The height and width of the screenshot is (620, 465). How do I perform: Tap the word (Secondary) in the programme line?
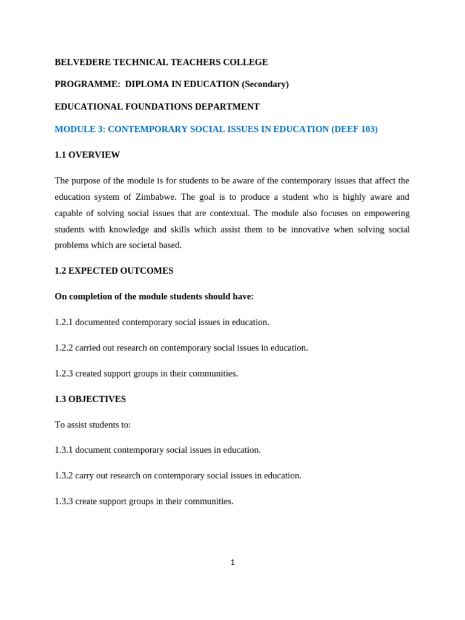(x=265, y=84)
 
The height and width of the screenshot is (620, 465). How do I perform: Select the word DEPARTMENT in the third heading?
(x=227, y=107)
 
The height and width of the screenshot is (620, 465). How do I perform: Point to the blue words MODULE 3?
(x=80, y=129)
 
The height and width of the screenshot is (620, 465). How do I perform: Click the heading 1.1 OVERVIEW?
(x=87, y=155)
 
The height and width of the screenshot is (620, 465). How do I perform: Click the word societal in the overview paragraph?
(x=137, y=245)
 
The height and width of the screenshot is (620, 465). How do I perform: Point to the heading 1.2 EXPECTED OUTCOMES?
(x=114, y=271)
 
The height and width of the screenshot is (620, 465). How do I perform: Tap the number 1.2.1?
(x=64, y=322)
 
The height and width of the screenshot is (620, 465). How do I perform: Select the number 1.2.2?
(x=64, y=348)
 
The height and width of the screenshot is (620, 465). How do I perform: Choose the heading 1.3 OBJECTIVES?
(x=90, y=399)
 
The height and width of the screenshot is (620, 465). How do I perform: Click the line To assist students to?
(x=93, y=425)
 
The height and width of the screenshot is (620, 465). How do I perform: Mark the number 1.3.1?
(x=64, y=450)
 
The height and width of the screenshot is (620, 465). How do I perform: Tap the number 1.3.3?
(x=64, y=501)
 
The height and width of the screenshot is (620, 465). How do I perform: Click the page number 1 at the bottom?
(x=232, y=562)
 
